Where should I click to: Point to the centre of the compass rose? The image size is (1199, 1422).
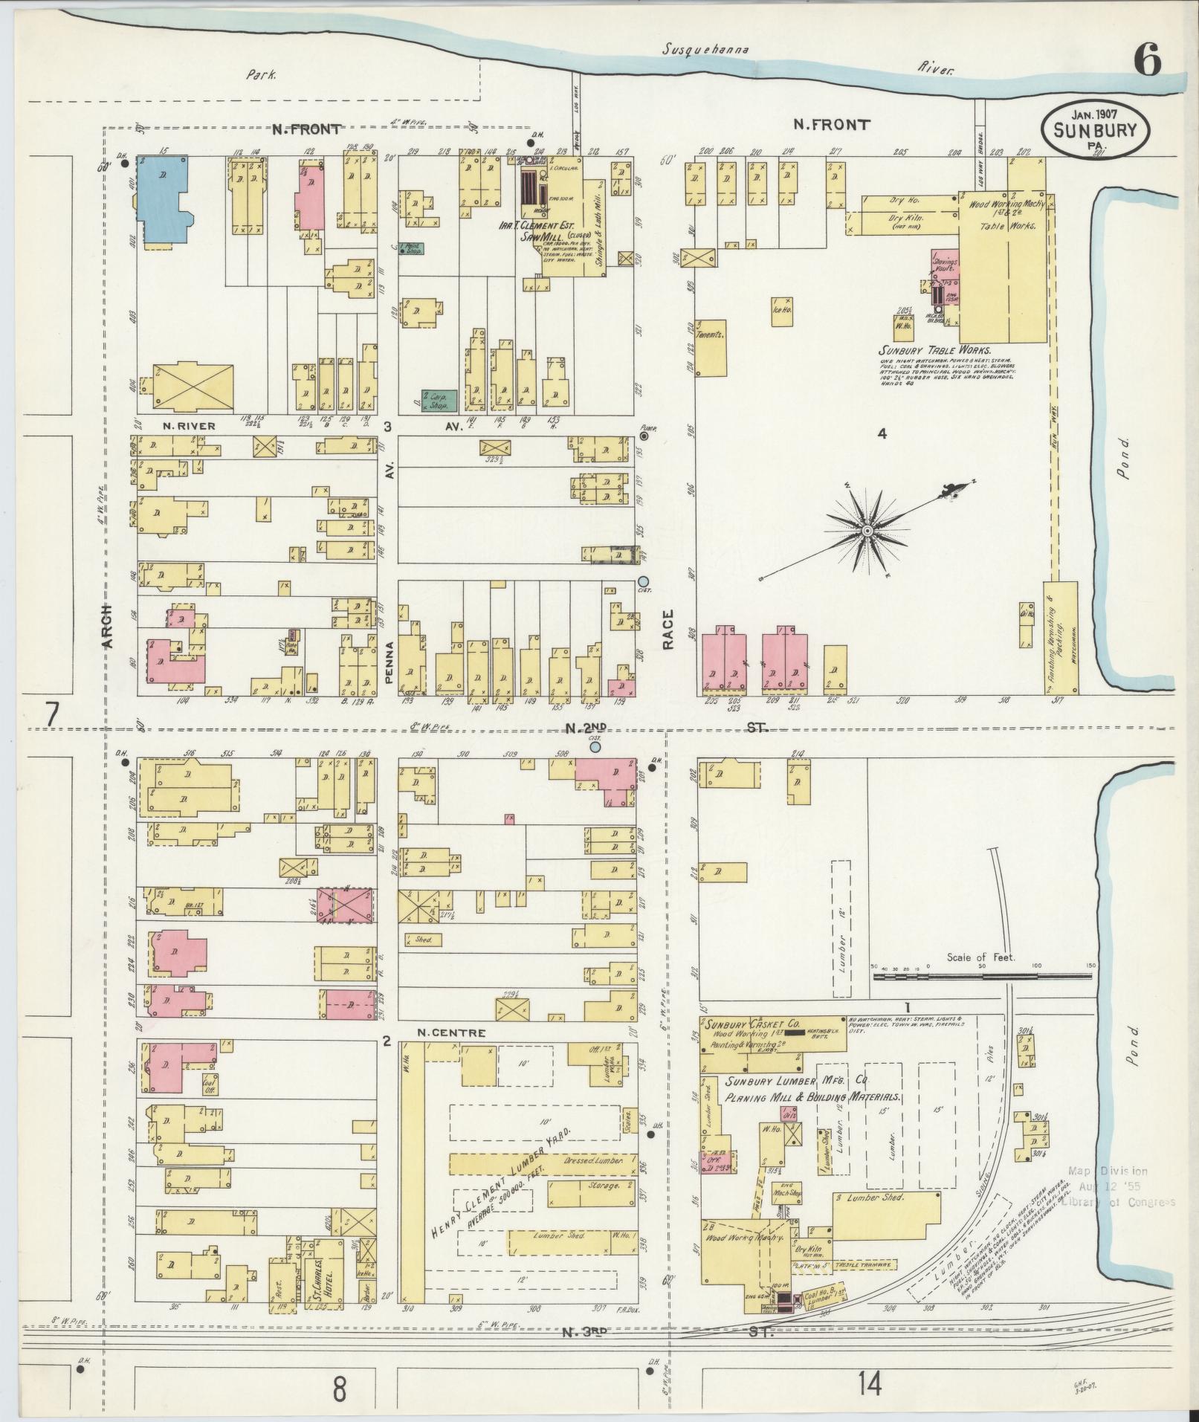pyautogui.click(x=867, y=531)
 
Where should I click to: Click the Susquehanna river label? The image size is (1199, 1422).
pyautogui.click(x=705, y=50)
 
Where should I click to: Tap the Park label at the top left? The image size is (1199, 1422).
pyautogui.click(x=262, y=74)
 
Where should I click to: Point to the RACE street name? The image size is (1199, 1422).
pyautogui.click(x=668, y=630)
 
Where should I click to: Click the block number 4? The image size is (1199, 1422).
pyautogui.click(x=882, y=433)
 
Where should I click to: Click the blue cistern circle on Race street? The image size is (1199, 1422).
pyautogui.click(x=643, y=581)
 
